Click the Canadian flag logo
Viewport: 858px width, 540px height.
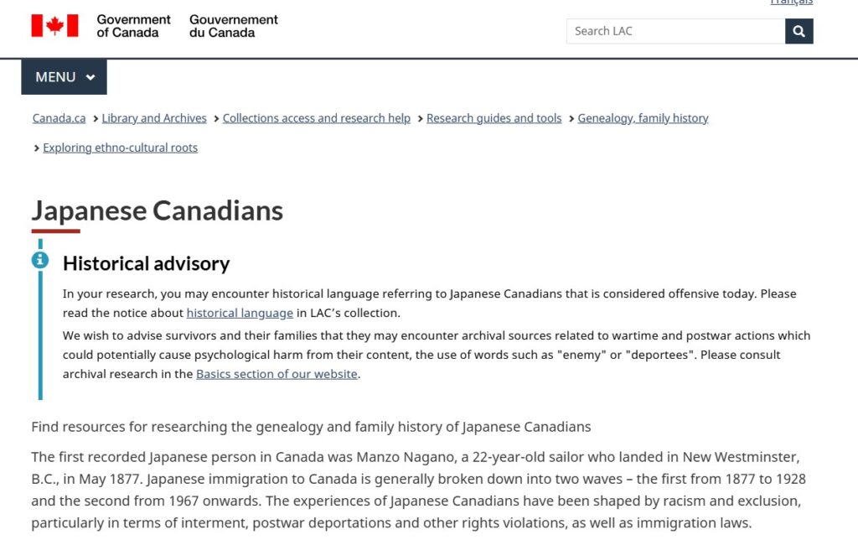[x=54, y=26]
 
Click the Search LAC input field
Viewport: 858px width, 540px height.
[x=675, y=31]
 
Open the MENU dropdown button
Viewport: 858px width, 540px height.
[x=65, y=77]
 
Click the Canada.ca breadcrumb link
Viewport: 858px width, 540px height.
[x=59, y=118]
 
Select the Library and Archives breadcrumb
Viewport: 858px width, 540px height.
[x=154, y=118]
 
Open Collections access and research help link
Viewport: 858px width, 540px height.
[x=317, y=118]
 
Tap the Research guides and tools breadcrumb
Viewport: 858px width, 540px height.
[x=494, y=118]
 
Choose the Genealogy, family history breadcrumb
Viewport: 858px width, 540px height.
[x=643, y=118]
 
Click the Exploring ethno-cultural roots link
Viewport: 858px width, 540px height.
[x=120, y=148]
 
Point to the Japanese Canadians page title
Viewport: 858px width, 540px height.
[x=158, y=210]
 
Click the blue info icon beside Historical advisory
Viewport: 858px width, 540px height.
[x=40, y=260]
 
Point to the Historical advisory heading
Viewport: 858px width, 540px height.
[x=146, y=263]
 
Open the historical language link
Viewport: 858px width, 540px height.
[x=240, y=313]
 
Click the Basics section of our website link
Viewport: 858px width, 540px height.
[x=277, y=374]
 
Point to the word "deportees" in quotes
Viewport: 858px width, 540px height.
[x=658, y=355]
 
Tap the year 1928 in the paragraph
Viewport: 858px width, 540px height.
[x=788, y=479]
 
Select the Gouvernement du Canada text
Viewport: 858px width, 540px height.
[x=234, y=26]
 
